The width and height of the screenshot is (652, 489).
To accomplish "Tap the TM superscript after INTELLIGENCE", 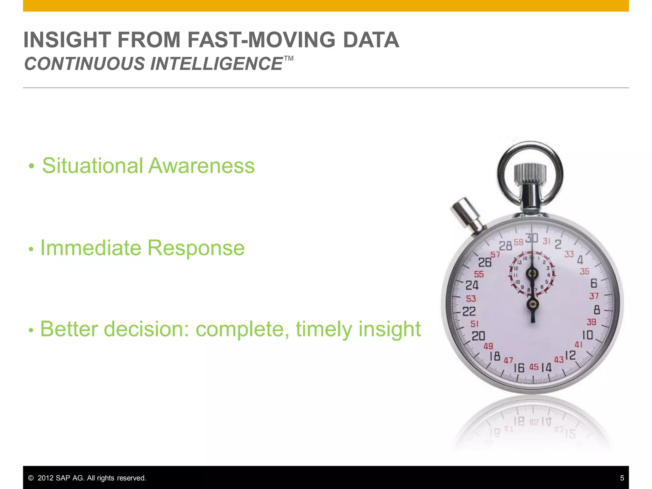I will point(288,58).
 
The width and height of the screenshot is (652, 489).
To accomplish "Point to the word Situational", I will point(92,166).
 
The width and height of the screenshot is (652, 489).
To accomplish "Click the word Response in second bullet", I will point(196,248).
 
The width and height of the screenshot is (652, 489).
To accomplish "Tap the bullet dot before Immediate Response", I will point(31,249).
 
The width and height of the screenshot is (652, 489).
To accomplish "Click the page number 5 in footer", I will point(622,478).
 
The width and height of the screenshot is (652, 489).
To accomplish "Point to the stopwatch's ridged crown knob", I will point(530,174).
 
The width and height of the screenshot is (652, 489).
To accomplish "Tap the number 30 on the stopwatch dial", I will point(532,238).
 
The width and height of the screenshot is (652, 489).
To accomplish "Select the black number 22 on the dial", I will point(469,311).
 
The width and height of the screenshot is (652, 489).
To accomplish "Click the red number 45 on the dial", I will point(534,367).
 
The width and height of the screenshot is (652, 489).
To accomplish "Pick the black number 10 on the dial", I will point(588,335).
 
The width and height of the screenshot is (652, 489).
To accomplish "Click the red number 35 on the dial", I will point(585,272).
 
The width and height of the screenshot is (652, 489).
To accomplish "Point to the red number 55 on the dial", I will point(479,274).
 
